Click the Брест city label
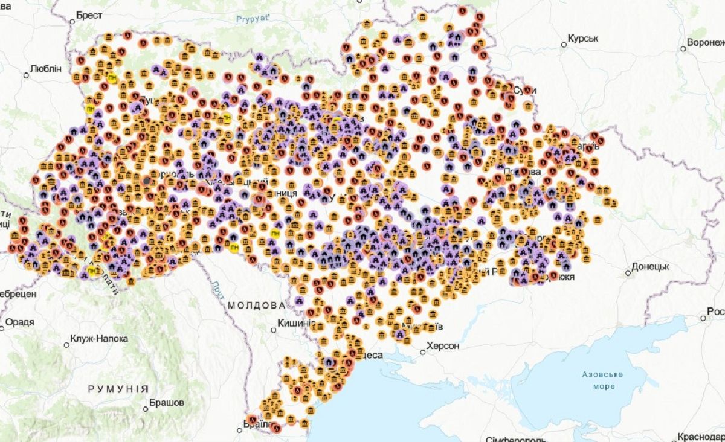(x=89, y=16)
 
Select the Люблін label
(x=46, y=68)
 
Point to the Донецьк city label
(x=650, y=266)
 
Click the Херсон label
(x=443, y=346)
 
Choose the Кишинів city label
(x=294, y=324)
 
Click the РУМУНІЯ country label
(x=118, y=389)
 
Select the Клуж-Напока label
(x=99, y=339)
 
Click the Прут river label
(x=218, y=290)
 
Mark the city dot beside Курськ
(x=563, y=43)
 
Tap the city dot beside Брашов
(x=146, y=408)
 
